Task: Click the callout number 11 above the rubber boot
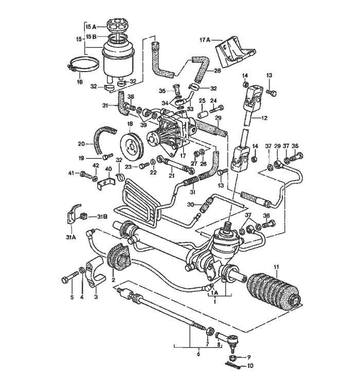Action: point(277,267)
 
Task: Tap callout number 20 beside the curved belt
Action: point(81,144)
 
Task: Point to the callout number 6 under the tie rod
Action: point(198,354)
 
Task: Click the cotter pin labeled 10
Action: point(235,366)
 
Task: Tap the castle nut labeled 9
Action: point(232,357)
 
